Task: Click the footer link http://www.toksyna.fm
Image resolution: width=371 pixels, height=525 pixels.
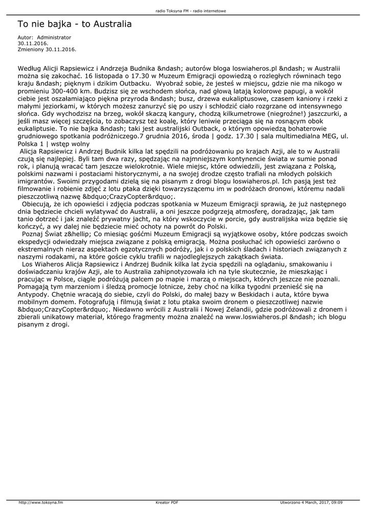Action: pyautogui.click(x=40, y=502)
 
